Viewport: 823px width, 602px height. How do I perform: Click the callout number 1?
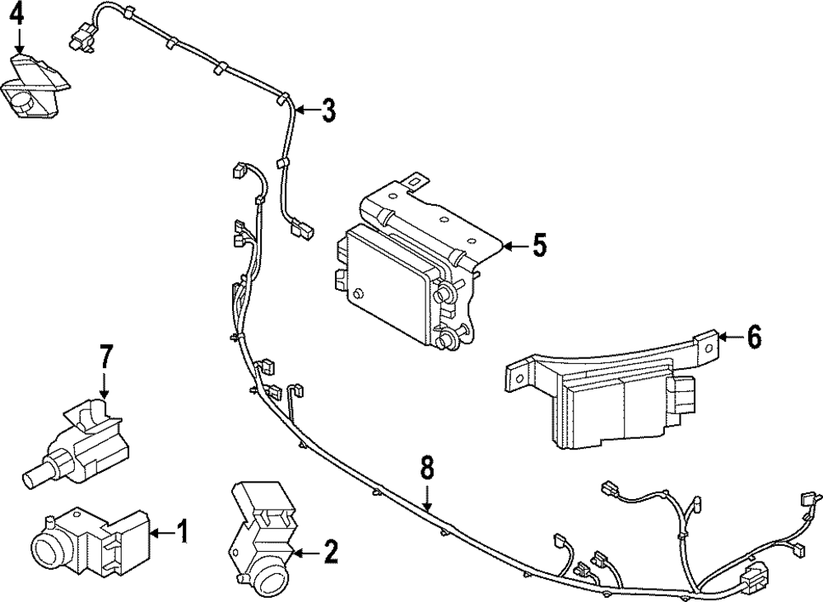[x=182, y=532]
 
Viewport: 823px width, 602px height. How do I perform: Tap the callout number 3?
[x=328, y=110]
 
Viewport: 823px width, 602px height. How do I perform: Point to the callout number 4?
[x=17, y=14]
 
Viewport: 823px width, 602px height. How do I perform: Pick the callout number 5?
[x=538, y=245]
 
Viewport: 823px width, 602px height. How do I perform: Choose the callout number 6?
[x=753, y=337]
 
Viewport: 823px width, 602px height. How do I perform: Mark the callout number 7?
[x=105, y=358]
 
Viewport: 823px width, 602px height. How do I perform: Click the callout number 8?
[x=426, y=469]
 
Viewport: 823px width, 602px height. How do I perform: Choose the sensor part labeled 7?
[x=82, y=436]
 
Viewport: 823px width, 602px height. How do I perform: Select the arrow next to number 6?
[x=728, y=337]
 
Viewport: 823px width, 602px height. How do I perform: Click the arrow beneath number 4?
[x=17, y=41]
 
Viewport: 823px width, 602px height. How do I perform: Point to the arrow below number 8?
[x=426, y=498]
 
